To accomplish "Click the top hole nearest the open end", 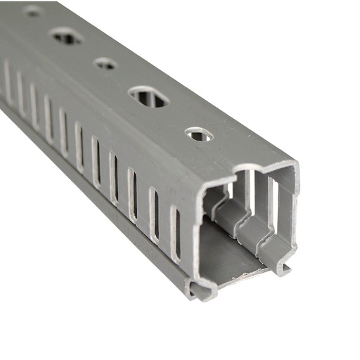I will (x=198, y=133).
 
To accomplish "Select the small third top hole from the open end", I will (x=105, y=64).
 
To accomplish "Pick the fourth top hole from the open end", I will (x=65, y=36).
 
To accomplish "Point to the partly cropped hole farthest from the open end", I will (x=32, y=11).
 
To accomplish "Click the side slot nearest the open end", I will (x=174, y=233).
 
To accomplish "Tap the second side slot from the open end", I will (x=153, y=214).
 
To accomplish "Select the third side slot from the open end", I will (x=132, y=195).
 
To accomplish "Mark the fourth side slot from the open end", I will (x=113, y=178).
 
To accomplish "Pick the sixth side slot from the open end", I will (x=79, y=148).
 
